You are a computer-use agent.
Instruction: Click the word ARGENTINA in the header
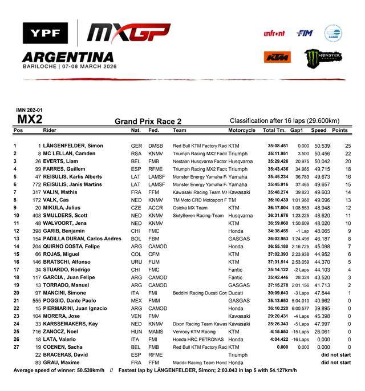click(x=67, y=57)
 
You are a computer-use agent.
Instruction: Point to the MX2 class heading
click(x=30, y=119)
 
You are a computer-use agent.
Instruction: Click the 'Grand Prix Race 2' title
click(x=148, y=121)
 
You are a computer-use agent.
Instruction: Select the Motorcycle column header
click(x=242, y=130)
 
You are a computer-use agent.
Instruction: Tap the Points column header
click(x=340, y=130)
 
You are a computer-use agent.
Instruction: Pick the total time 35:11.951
click(x=278, y=154)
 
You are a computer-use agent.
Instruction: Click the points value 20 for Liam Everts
click(x=348, y=162)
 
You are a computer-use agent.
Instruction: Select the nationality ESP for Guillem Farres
click(x=135, y=170)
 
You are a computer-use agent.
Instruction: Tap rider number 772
click(x=36, y=185)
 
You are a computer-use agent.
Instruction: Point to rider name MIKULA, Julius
click(x=63, y=208)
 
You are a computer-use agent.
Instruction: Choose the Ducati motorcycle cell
click(x=236, y=293)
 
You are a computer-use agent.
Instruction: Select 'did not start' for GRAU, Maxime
click(x=336, y=362)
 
